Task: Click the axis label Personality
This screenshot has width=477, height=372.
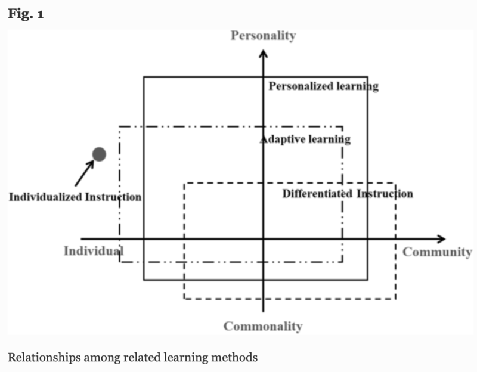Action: point(263,36)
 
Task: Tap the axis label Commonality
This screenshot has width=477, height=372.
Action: point(263,326)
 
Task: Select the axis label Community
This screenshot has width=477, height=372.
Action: point(437,252)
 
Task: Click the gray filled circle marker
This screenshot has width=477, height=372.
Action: point(99,154)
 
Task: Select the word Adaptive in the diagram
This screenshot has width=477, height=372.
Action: point(283,140)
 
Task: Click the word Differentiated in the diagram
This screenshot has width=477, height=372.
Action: point(318,194)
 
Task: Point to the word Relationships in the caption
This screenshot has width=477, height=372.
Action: point(40,358)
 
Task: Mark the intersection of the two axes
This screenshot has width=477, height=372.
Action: point(263,239)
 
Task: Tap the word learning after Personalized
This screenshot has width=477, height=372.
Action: point(357,86)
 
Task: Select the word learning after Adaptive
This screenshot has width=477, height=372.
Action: point(329,140)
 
